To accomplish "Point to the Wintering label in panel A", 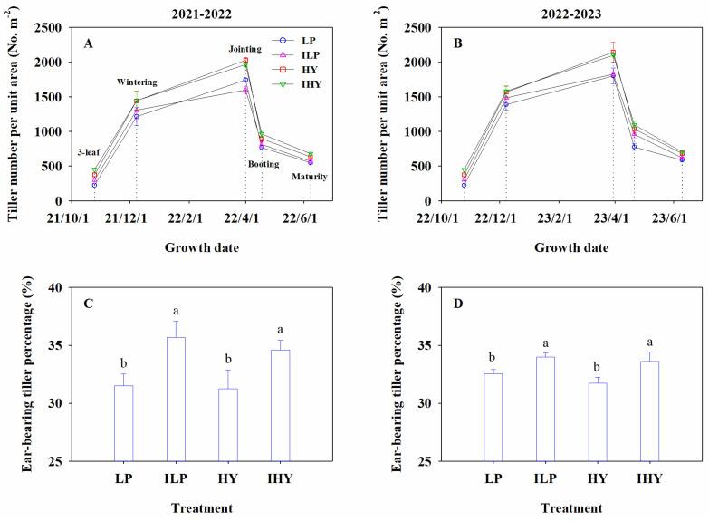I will coord(137,82).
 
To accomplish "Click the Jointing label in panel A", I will coord(245,51).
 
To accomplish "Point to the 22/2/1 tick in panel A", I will coord(189,217).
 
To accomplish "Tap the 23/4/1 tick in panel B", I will coord(613,217).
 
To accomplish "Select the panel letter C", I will coord(89,304).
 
